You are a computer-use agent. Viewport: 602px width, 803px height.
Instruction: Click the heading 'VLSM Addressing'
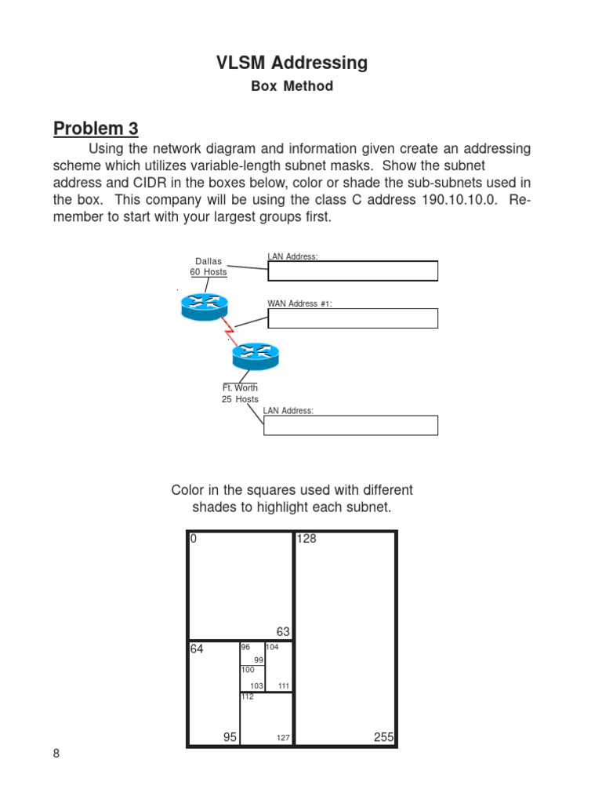click(x=292, y=63)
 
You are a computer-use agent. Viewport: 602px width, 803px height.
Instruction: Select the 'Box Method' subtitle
click(x=292, y=86)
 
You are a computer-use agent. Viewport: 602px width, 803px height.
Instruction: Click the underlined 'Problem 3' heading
click(x=96, y=129)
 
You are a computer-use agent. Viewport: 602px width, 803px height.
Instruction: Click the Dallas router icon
click(x=204, y=306)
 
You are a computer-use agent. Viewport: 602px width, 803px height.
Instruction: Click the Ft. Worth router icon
click(x=255, y=357)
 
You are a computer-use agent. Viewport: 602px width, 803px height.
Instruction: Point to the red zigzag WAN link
click(x=230, y=332)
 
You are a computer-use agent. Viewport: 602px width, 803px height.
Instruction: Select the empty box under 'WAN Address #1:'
click(x=353, y=318)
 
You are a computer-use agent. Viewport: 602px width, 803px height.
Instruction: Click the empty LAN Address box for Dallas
click(x=353, y=271)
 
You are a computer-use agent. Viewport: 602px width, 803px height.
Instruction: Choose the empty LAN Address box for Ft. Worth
click(x=350, y=425)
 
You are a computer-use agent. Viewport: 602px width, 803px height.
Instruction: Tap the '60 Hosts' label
click(x=209, y=272)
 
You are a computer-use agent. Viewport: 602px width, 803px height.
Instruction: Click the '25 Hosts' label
click(x=240, y=399)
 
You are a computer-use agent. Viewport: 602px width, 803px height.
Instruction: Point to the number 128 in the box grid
click(x=306, y=540)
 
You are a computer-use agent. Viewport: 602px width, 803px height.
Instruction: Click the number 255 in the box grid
click(x=384, y=737)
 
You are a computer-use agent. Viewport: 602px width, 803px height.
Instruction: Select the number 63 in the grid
click(x=283, y=631)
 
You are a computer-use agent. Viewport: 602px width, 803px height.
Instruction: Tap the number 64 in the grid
click(x=197, y=649)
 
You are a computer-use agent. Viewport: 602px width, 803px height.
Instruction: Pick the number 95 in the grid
click(x=230, y=737)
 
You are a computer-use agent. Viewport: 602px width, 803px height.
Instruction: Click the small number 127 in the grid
click(x=283, y=738)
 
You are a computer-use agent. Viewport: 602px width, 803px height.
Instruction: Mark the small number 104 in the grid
click(x=272, y=647)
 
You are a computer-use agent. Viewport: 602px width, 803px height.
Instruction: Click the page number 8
click(x=56, y=754)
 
